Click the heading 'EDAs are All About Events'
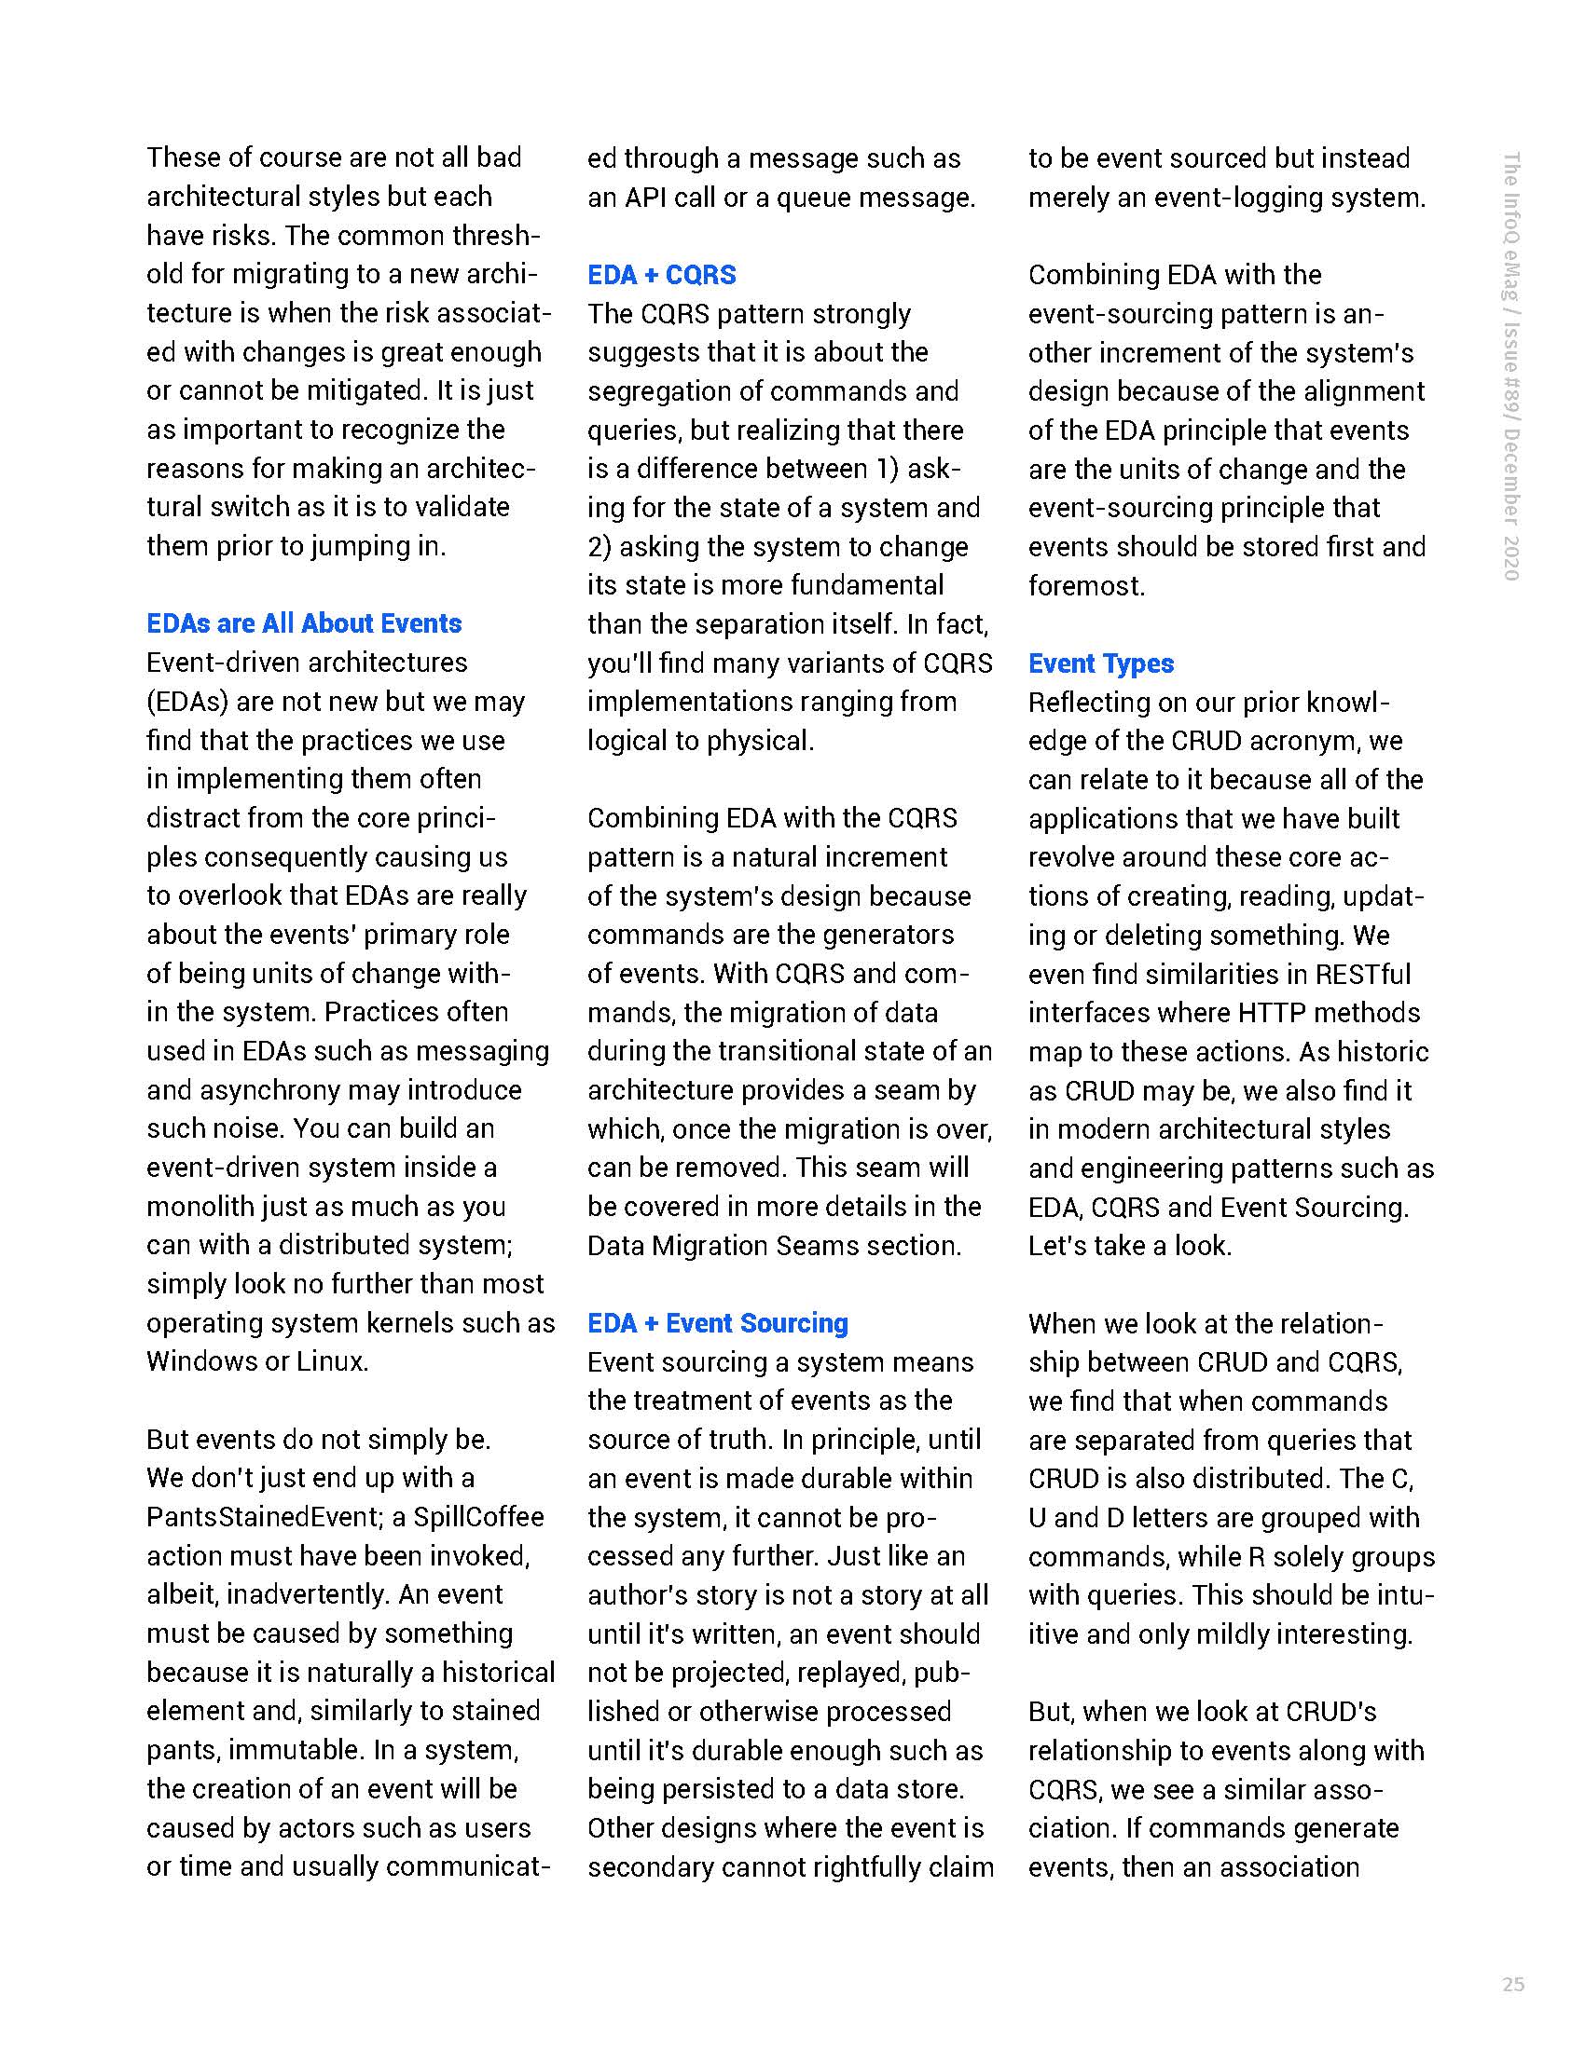(303, 623)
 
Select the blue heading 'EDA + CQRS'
(661, 275)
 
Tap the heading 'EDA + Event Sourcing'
(717, 1322)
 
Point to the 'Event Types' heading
(1100, 663)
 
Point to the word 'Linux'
(331, 1361)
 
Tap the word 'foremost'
(1084, 586)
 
